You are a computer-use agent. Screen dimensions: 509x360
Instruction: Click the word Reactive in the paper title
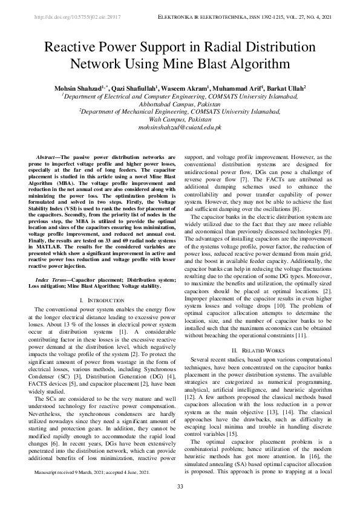click(73, 47)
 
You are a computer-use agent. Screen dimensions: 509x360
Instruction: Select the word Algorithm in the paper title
click(254, 63)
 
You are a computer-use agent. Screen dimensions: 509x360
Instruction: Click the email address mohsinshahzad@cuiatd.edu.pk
click(180, 128)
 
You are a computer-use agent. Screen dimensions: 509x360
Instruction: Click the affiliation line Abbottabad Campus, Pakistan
click(180, 104)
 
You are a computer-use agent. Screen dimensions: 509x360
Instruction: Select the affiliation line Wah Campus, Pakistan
click(180, 120)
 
